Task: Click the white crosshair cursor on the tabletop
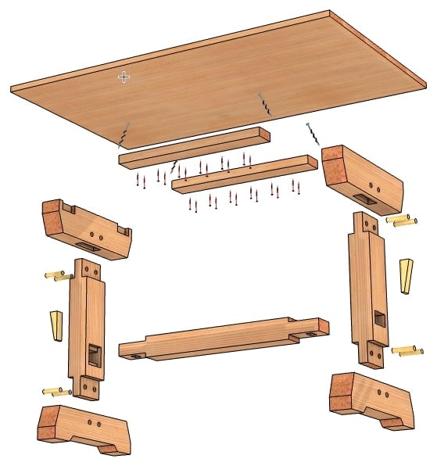124,77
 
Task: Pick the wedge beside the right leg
405,275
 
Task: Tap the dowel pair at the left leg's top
59,275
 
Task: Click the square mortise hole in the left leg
93,355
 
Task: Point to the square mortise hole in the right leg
378,319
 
